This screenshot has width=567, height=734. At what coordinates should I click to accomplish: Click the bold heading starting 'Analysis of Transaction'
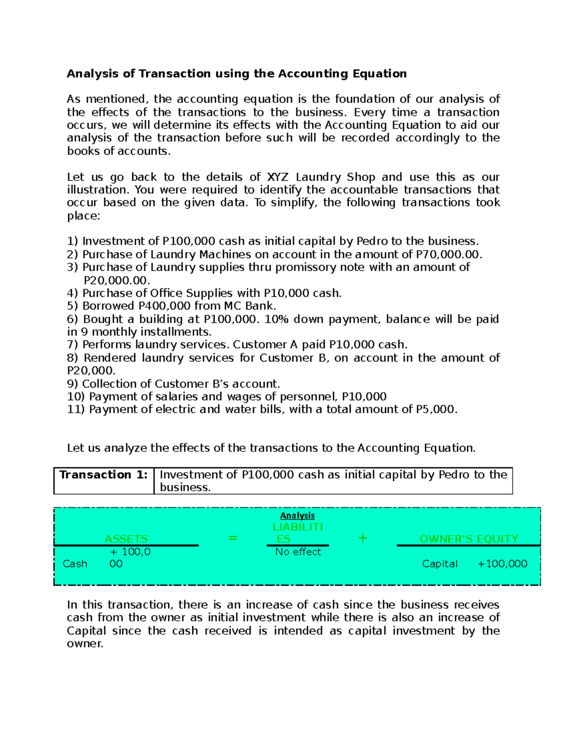pos(236,74)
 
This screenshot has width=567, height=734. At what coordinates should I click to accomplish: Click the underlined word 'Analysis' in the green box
pos(297,516)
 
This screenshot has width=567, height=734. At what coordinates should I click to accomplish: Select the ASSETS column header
pos(126,539)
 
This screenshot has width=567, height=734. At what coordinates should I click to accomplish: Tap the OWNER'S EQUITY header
pos(469,539)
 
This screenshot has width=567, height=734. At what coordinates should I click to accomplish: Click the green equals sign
pos(232,538)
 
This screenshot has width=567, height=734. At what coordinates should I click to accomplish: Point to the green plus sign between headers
pos(362,538)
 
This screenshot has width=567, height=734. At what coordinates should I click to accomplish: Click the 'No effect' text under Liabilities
pos(298,552)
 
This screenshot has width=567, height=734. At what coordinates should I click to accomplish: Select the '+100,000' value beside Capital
pos(502,564)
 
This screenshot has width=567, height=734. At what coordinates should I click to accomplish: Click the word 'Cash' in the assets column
pos(75,564)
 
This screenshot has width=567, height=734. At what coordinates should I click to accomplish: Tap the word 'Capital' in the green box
pos(439,564)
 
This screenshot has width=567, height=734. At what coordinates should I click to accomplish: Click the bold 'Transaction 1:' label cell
pos(103,475)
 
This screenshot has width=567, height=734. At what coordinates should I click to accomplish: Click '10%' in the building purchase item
pos(276,320)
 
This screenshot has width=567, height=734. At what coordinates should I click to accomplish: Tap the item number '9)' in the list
pos(73,384)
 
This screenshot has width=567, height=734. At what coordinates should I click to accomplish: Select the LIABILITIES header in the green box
pos(297,533)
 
